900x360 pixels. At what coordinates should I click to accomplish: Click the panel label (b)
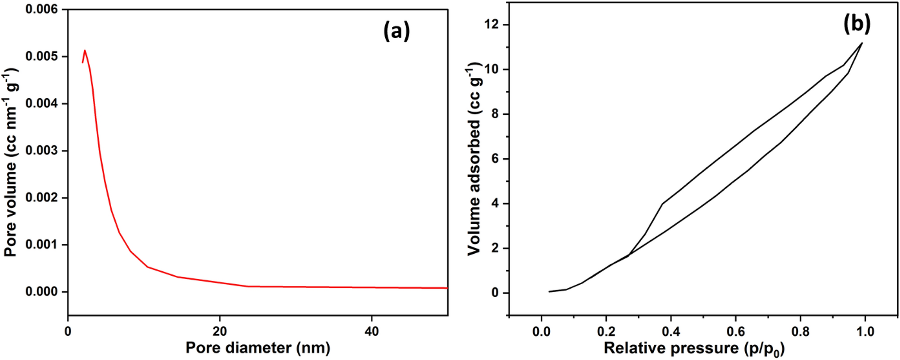[x=857, y=24]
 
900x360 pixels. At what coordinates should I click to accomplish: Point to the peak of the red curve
[x=85, y=50]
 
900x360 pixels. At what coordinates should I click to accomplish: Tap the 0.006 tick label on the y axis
[x=42, y=9]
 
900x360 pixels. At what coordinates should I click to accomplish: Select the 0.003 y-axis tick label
[x=42, y=150]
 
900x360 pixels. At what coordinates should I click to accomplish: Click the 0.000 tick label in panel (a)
[x=42, y=292]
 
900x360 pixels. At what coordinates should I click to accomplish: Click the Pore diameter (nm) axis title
[x=258, y=348]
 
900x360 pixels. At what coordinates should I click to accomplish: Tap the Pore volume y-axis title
[x=11, y=162]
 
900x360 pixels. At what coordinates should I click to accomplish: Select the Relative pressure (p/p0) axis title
[x=694, y=348]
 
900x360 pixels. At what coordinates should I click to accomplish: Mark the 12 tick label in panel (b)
[x=493, y=25]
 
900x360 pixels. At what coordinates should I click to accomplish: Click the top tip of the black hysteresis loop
[x=862, y=43]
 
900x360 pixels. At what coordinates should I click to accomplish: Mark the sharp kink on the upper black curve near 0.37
[x=662, y=204]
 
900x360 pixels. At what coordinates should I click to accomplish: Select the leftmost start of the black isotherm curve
[x=549, y=291]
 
